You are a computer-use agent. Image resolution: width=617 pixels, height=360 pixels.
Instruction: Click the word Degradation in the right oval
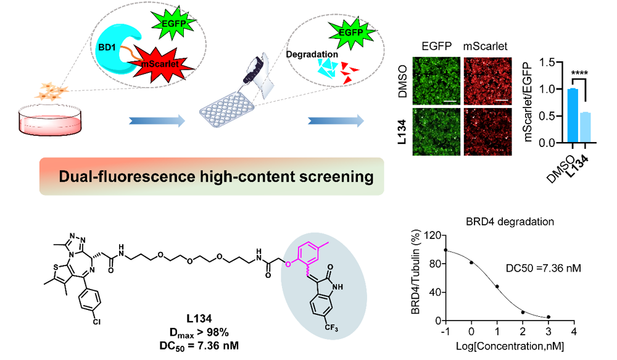coord(312,54)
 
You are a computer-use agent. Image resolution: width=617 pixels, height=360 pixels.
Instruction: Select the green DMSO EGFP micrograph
coord(436,80)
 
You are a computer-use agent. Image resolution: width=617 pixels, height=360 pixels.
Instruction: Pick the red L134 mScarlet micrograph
coord(488,128)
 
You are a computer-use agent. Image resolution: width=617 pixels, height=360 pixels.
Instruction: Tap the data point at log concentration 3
coord(548,317)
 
